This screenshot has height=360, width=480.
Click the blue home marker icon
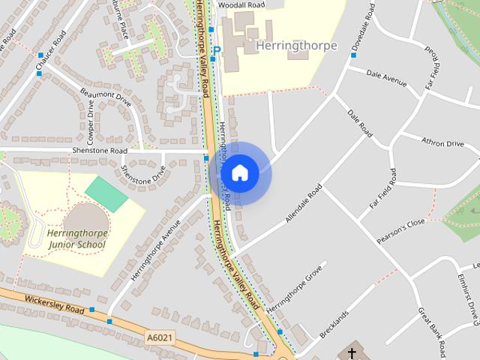coord(239,173)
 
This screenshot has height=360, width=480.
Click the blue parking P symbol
coord(217,51)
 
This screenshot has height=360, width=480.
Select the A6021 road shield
coord(159,338)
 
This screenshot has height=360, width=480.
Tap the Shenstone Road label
coord(100,150)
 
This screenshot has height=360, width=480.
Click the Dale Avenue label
coord(387,76)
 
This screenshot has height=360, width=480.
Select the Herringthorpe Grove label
coord(294,287)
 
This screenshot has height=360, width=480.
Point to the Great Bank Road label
coord(432,329)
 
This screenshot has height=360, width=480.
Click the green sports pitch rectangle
coord(106,194)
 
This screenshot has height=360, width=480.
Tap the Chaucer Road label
coord(54,47)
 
